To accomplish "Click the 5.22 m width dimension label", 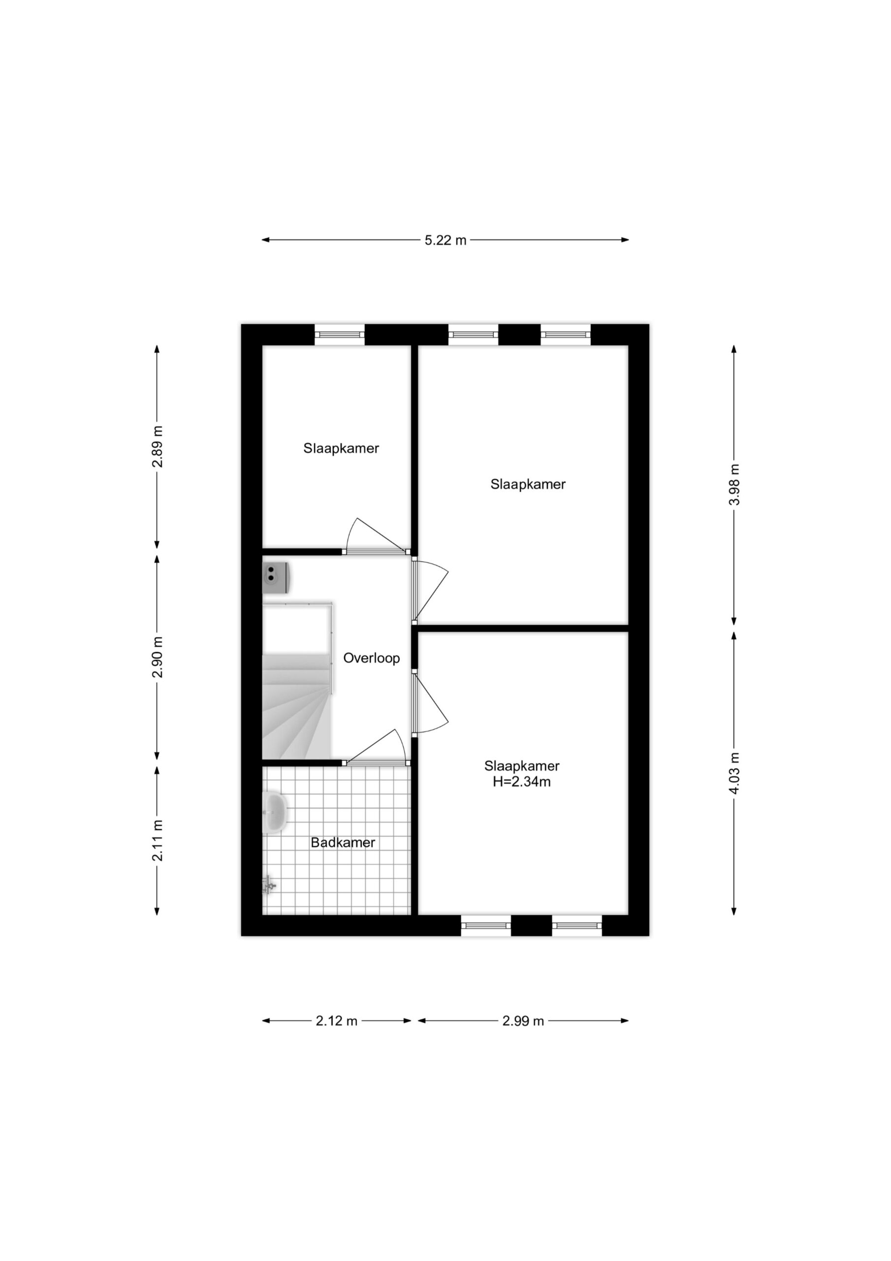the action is click(445, 240).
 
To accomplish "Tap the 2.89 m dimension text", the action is click(158, 446).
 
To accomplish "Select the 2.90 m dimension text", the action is click(158, 658).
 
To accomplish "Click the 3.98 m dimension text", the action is click(734, 485).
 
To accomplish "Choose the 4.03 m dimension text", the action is click(734, 773).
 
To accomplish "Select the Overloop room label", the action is click(372, 658).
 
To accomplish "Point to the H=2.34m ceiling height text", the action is click(521, 782).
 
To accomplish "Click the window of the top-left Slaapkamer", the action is click(339, 334).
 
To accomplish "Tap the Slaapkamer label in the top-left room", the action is click(341, 449).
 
